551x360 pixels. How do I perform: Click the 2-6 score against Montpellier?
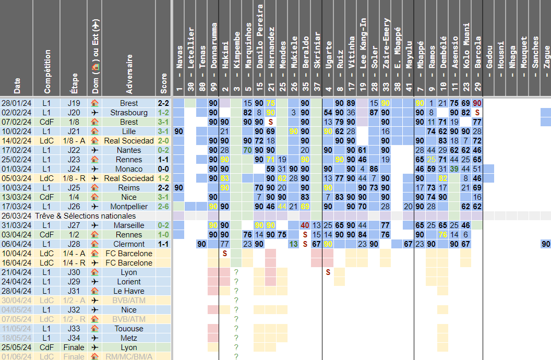[x=164, y=207]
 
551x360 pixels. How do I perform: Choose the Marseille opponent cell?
[x=129, y=225]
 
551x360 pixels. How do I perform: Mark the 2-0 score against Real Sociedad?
[x=164, y=141]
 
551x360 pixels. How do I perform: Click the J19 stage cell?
[x=74, y=103]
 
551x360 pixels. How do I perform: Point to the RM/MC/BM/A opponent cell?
[x=129, y=357]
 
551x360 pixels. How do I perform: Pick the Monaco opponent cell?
[x=129, y=169]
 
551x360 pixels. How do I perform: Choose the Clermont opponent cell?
[x=129, y=244]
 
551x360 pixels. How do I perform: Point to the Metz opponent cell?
[x=129, y=338]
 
